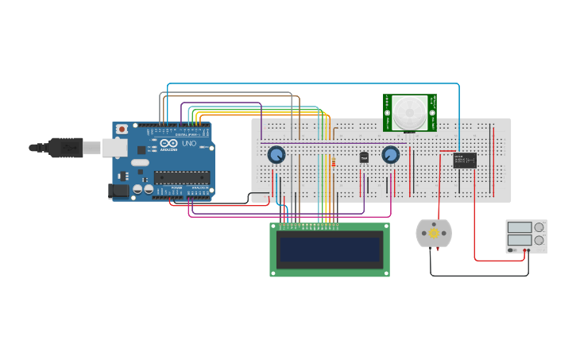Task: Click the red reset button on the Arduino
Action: point(122,129)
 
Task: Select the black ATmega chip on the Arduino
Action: point(182,177)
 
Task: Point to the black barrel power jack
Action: point(118,191)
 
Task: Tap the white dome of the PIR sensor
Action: point(410,112)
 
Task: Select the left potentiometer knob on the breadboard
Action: point(276,155)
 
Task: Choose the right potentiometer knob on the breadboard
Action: point(390,155)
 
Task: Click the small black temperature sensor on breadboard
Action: point(364,157)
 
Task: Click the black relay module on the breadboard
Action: point(465,160)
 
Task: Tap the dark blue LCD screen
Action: point(330,250)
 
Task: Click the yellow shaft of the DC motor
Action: point(434,233)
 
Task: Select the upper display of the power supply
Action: point(520,228)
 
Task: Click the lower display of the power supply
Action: point(520,240)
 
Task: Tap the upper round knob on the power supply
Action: point(539,227)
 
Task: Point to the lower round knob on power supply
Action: point(539,240)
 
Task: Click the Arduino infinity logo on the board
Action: point(168,143)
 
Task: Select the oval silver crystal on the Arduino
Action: point(140,162)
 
